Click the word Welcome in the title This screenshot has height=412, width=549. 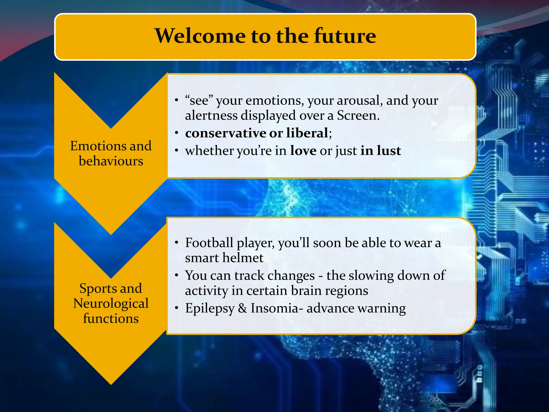[x=200, y=36]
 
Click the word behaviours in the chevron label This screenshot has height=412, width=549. [x=111, y=161]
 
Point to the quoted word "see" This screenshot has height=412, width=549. [x=199, y=101]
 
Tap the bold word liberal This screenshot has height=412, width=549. [x=307, y=133]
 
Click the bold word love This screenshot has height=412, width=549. [x=303, y=150]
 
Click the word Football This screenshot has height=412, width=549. [x=209, y=243]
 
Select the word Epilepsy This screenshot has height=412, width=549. [x=210, y=308]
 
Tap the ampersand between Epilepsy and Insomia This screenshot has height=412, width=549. [x=242, y=308]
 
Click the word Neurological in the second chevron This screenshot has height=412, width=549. [x=111, y=304]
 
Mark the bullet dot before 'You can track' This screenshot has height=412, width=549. [x=176, y=275]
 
